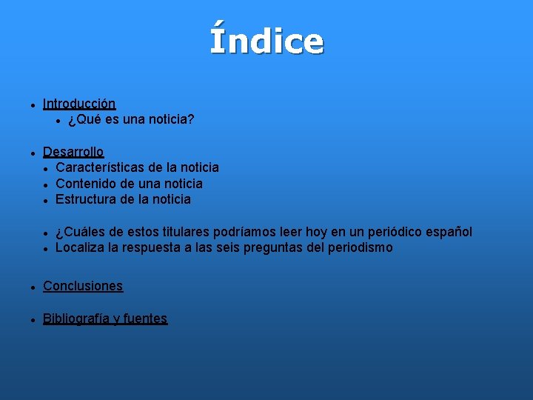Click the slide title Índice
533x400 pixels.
266,41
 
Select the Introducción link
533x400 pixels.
79,104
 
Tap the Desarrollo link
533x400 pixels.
73,152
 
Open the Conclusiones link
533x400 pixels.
83,286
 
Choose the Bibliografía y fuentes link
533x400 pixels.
105,319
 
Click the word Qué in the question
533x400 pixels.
87,119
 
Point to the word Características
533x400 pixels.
98,167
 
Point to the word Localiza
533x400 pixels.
80,247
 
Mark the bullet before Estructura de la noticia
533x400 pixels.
46,200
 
